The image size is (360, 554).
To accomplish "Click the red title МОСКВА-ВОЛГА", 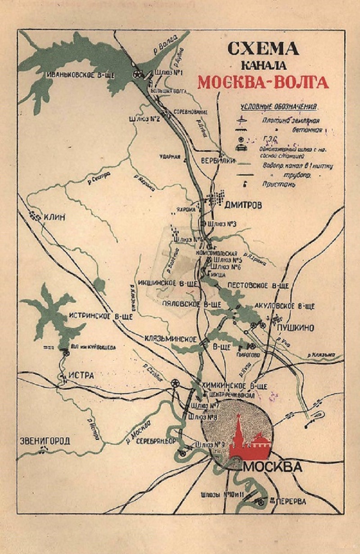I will coord(263,83).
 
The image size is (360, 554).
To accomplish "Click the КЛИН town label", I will coord(54,218).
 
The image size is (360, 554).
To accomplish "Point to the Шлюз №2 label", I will coord(145,119).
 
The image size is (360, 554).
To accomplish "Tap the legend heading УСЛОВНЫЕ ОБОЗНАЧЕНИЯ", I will coord(279,107).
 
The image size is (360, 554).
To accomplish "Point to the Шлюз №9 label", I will coord(207,445).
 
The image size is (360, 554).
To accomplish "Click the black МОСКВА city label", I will coord(272,467).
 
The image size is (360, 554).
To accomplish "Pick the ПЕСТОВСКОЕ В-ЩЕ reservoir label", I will coord(258,286).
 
